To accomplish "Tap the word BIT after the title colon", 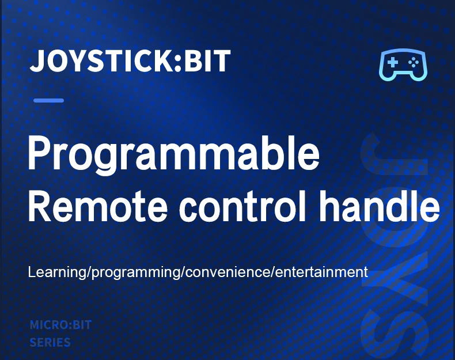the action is [207, 60].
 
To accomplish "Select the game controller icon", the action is [403, 65].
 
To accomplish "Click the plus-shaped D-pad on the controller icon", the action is [392, 62].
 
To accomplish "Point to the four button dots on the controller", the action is [413, 62].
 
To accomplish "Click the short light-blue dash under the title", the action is [48, 100].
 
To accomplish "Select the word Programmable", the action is [173, 154].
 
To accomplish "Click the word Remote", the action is [97, 206].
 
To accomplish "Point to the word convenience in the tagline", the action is [227, 272].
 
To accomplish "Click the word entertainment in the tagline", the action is [321, 272].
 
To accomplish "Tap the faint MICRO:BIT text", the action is [60, 325].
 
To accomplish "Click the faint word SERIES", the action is [50, 343].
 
